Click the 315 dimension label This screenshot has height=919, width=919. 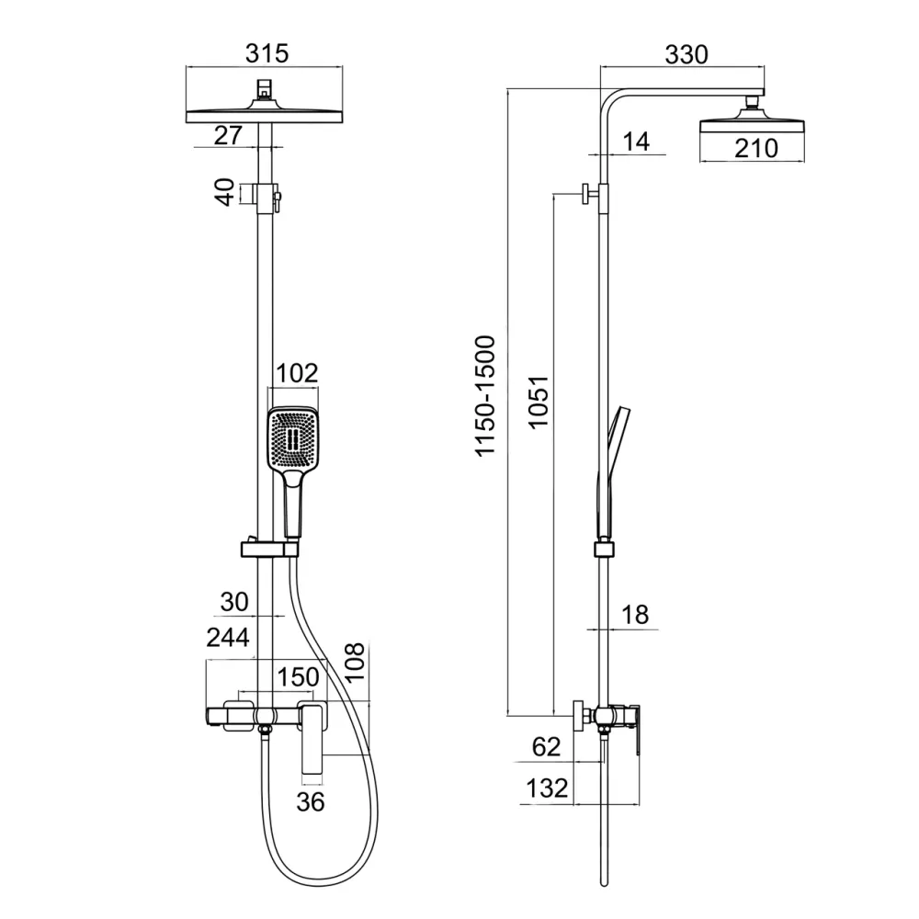pos(267,53)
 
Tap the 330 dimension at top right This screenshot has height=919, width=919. pos(686,54)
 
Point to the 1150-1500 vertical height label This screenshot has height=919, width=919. pos(485,395)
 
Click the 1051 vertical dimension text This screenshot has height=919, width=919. pos(538,403)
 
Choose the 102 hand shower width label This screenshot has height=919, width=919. pos(297,373)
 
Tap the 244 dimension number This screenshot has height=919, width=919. pos(228,637)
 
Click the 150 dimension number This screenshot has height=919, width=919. pos(298,677)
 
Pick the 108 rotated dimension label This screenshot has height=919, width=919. pos(355,662)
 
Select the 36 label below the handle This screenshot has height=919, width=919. pos(310,801)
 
